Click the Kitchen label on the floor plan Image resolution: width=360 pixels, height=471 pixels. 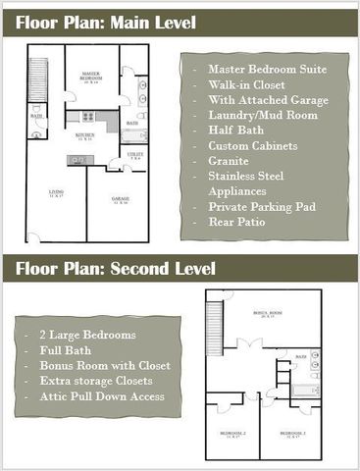(x=84, y=135)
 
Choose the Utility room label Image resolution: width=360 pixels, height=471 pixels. (x=135, y=156)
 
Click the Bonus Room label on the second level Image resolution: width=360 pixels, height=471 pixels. (x=263, y=314)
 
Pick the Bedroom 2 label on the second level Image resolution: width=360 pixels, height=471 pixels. (x=232, y=433)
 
